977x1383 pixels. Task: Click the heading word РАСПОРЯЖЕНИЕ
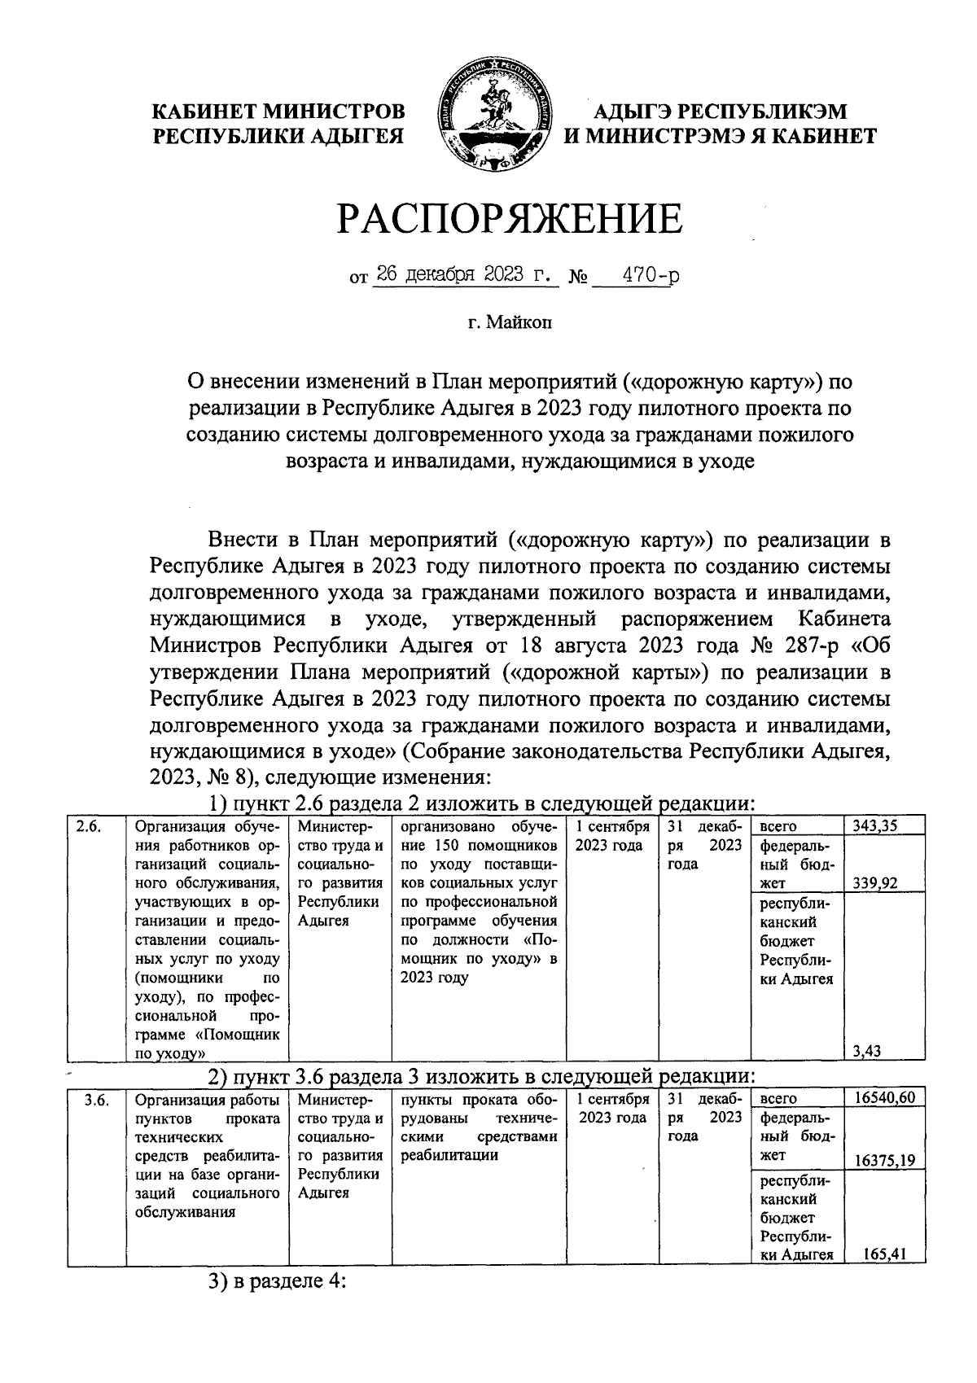[510, 220]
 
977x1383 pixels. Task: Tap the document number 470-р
[648, 275]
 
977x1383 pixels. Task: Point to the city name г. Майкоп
[509, 323]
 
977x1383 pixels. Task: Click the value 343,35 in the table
[875, 826]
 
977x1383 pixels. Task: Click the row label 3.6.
[97, 1099]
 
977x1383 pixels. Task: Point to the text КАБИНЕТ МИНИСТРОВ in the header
[279, 112]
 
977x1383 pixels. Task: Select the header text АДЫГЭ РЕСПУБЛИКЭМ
[721, 112]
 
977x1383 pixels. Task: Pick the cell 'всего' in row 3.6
[778, 1099]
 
